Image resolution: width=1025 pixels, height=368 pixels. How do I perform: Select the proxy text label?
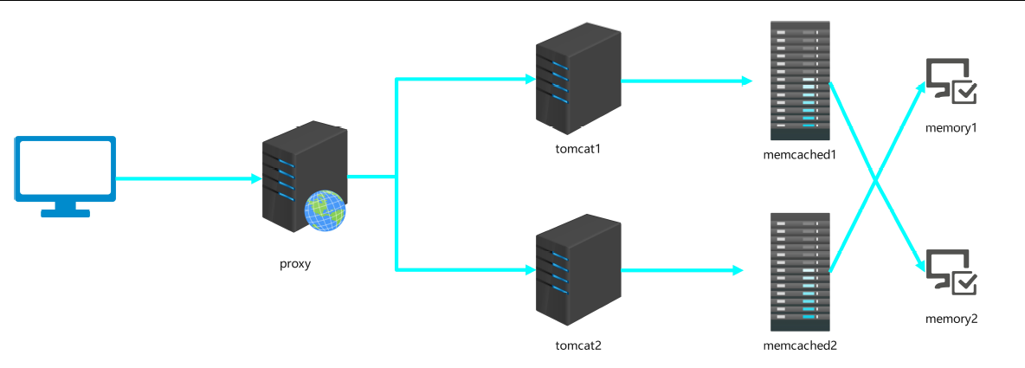295,264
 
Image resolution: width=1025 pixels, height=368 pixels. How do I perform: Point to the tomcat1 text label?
578,148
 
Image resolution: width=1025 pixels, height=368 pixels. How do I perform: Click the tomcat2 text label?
578,345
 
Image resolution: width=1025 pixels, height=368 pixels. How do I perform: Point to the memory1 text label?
951,128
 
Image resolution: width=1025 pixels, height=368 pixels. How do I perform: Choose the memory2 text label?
951,319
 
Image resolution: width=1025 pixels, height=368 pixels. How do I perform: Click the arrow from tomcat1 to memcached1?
684,81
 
